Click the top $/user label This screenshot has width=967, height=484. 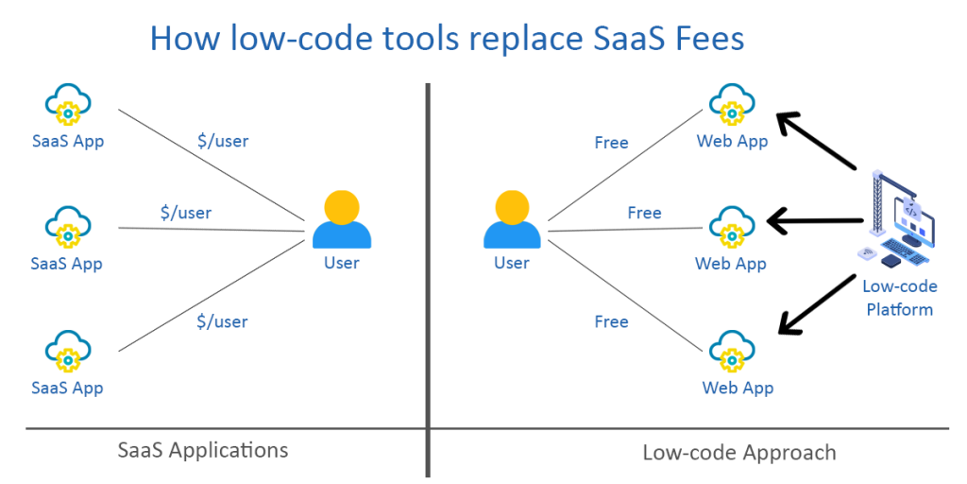[223, 142]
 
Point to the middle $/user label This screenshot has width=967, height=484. [186, 213]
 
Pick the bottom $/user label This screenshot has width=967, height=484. [223, 321]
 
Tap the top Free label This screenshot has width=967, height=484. [611, 143]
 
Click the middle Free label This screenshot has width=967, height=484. [644, 213]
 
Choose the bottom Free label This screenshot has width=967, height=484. [611, 321]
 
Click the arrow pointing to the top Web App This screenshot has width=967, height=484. [815, 143]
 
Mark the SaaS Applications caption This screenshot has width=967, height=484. [203, 449]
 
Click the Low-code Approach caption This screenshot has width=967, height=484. [738, 452]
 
